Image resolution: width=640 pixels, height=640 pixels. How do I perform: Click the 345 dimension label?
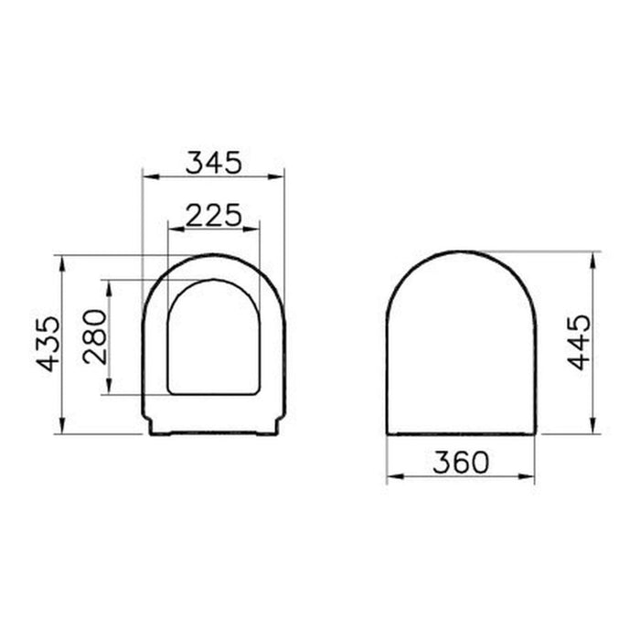tap(213, 163)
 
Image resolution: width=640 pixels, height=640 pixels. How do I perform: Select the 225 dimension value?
tap(213, 214)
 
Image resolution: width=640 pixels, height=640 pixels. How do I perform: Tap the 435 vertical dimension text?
tap(49, 342)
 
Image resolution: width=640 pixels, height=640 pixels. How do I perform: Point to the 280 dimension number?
tap(96, 336)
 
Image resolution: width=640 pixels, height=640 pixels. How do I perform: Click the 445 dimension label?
tap(579, 340)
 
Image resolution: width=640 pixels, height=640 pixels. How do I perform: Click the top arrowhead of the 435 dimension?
tap(61, 260)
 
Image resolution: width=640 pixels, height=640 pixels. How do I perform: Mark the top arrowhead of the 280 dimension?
tap(109, 285)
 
